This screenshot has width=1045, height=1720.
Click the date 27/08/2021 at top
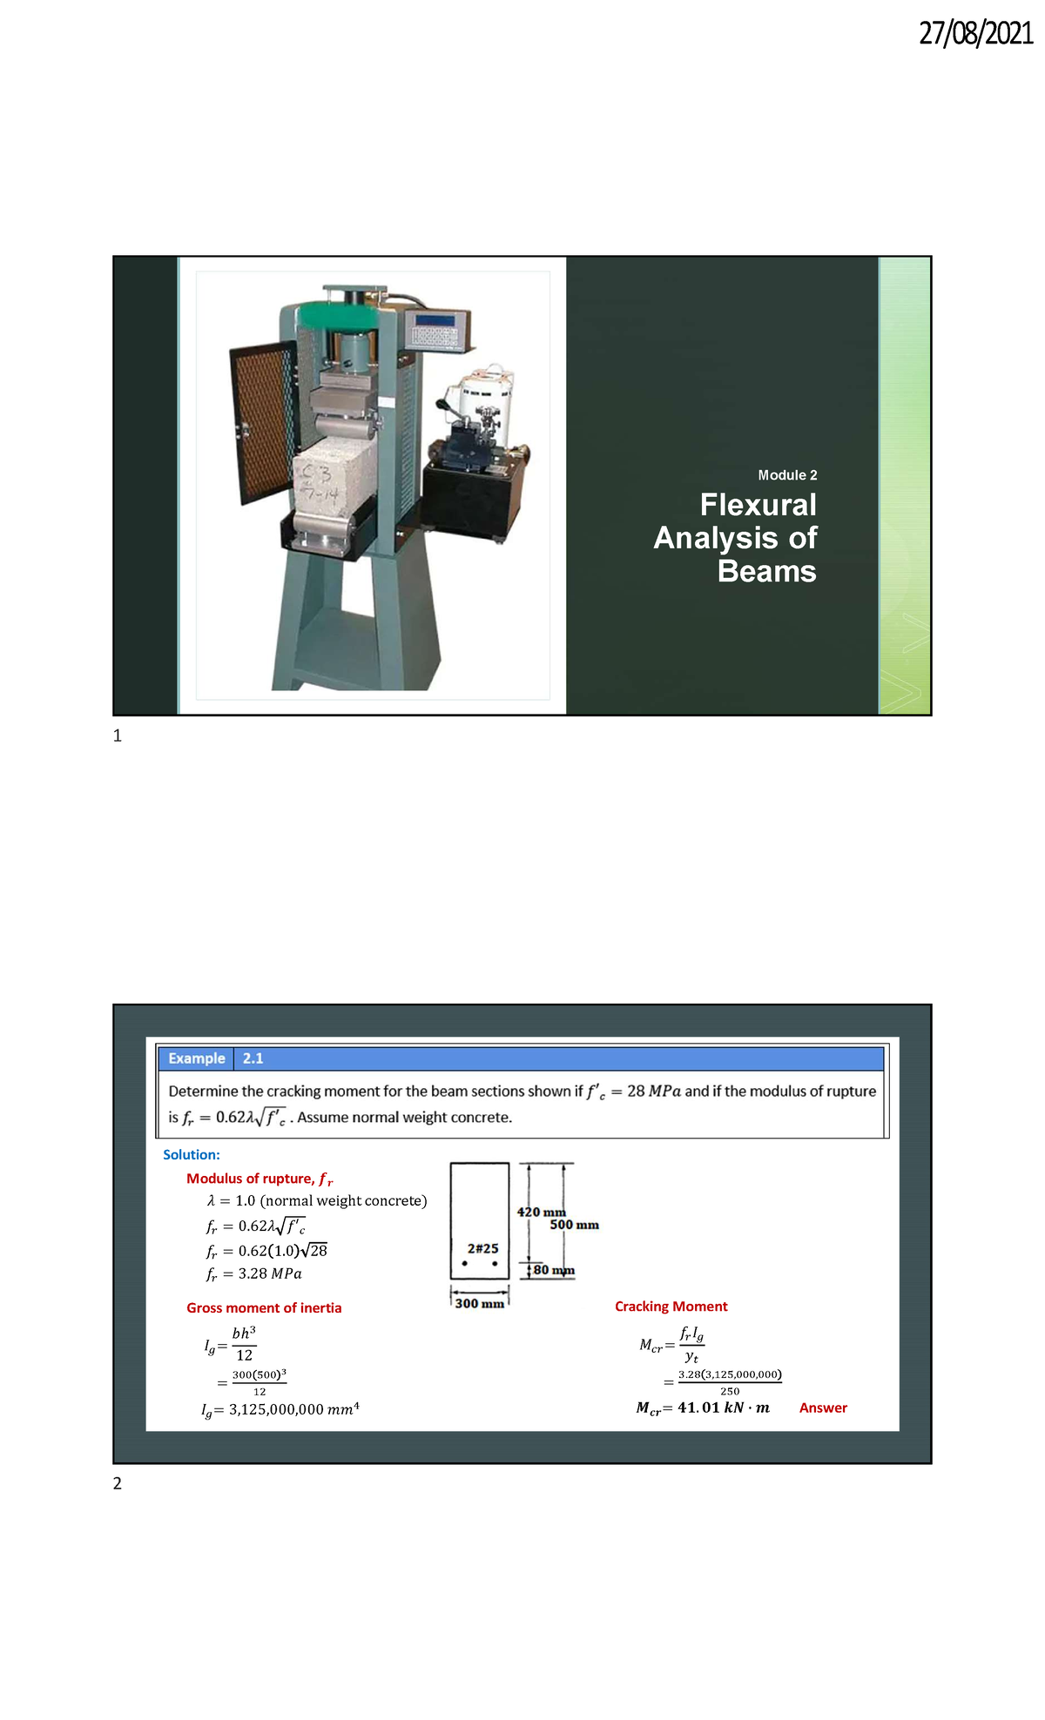[x=975, y=33]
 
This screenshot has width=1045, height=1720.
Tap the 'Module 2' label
[x=787, y=475]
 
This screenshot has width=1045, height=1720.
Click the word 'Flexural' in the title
[x=758, y=505]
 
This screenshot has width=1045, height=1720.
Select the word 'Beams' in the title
[x=766, y=571]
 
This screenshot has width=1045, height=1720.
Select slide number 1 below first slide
[x=118, y=736]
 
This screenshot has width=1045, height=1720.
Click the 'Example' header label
[x=197, y=1058]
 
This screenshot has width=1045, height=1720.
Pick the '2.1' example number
[x=253, y=1058]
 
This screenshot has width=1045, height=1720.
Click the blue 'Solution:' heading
[x=192, y=1155]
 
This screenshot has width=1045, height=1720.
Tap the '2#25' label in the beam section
[x=482, y=1248]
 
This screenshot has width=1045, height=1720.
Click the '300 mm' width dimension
[x=479, y=1303]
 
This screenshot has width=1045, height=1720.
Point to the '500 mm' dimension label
[x=574, y=1225]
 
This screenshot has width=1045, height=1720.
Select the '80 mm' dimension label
[x=554, y=1270]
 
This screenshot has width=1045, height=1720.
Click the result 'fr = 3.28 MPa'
[x=253, y=1273]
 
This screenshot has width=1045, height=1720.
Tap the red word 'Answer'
[x=823, y=1408]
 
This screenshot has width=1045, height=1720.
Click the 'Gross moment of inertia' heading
[x=264, y=1307]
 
